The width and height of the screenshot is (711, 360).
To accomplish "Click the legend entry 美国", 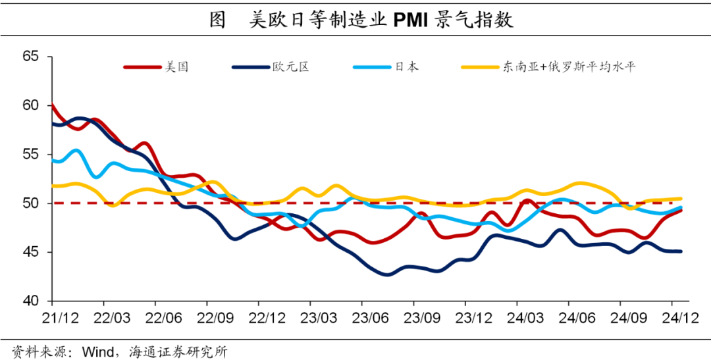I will click(x=176, y=66).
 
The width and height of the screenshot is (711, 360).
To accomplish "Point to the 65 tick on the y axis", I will click(x=31, y=57).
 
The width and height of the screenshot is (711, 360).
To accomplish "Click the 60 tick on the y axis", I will click(x=31, y=105).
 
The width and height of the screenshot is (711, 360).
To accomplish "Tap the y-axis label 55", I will click(x=31, y=155).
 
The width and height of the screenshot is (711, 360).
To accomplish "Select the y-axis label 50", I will click(x=31, y=203).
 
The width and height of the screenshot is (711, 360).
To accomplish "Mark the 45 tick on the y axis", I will click(x=31, y=252).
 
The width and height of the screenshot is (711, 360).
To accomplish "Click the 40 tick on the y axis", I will click(x=31, y=301).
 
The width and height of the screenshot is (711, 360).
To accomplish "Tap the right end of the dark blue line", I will click(x=680, y=251).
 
